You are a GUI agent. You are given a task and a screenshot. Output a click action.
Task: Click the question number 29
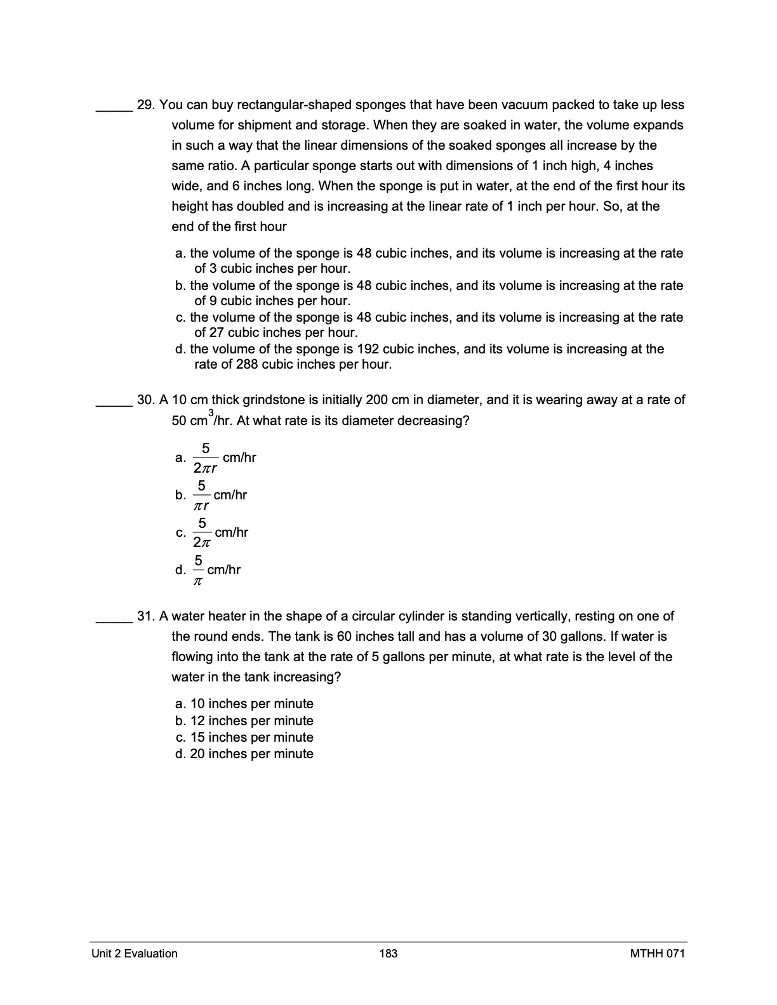[x=146, y=105]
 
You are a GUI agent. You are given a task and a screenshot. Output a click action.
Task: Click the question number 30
[x=146, y=400]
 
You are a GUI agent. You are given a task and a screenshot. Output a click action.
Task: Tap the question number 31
[x=146, y=616]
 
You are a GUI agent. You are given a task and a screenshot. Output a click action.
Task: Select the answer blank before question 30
[x=114, y=404]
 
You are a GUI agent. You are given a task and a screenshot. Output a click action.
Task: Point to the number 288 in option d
[x=247, y=365]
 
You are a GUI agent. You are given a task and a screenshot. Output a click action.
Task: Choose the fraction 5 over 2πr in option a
[x=206, y=458]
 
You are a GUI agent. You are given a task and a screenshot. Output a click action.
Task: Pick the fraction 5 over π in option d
[x=198, y=570]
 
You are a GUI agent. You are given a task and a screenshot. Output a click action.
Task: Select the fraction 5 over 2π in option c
[x=201, y=532]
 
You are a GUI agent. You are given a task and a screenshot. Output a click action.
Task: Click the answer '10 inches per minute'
[x=251, y=704]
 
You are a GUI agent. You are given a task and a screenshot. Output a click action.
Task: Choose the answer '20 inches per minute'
[x=251, y=754]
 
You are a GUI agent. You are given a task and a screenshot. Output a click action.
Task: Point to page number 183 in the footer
[x=388, y=954]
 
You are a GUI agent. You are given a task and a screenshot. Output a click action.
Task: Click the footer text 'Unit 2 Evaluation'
[x=135, y=954]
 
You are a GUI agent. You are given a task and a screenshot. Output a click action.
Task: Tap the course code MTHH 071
[x=658, y=954]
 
